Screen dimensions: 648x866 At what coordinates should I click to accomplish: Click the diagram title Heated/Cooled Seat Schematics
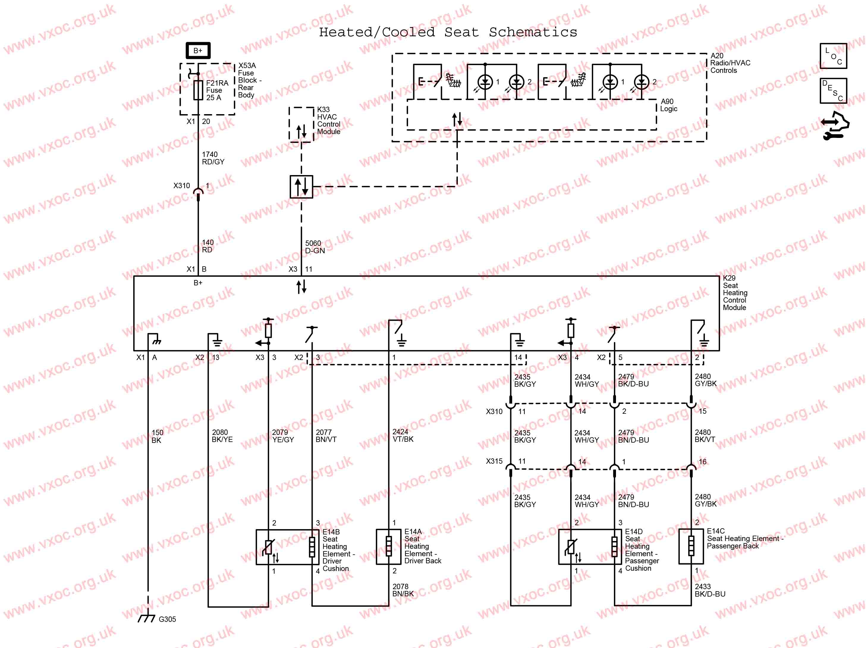[x=448, y=32]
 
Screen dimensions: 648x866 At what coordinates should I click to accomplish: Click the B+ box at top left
[x=198, y=51]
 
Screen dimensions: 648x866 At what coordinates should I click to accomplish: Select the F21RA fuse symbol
[x=198, y=90]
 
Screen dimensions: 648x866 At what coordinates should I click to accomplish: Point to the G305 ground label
[x=167, y=619]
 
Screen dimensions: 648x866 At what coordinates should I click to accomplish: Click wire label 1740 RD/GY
[x=213, y=158]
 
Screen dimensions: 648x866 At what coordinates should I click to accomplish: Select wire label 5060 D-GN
[x=315, y=247]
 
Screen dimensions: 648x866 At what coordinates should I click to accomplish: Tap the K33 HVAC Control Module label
[x=329, y=121]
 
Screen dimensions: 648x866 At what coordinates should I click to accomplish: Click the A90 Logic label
[x=668, y=105]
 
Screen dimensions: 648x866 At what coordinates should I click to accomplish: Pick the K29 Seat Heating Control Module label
[x=735, y=293]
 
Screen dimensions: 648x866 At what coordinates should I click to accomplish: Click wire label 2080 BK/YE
[x=222, y=436]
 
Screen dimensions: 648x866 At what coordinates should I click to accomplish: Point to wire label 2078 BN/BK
[x=403, y=590]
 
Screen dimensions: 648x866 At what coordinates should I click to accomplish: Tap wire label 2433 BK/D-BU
[x=710, y=590]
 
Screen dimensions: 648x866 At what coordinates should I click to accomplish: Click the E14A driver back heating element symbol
[x=389, y=546]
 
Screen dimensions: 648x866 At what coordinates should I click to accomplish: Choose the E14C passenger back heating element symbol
[x=691, y=546]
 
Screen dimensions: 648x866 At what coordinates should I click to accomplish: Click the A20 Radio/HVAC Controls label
[x=730, y=63]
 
